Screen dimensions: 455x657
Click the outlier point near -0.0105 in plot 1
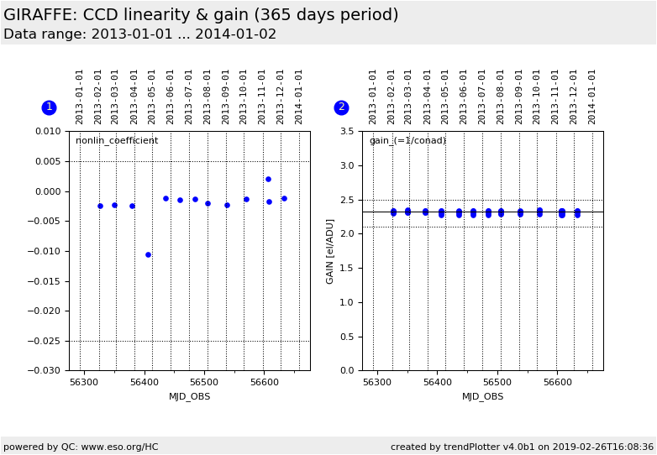[x=148, y=254]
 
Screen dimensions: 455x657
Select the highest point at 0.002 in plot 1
[x=268, y=179]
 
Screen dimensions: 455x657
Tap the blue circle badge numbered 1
[x=49, y=107]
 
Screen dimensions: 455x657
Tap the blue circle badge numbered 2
[x=341, y=107]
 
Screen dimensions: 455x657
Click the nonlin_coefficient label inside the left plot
[x=117, y=141]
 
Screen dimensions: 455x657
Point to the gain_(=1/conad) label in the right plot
[x=407, y=141]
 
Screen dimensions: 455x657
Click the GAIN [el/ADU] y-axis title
[x=330, y=251]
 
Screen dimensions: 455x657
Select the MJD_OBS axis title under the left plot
[x=190, y=396]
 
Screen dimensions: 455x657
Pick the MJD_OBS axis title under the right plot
[x=483, y=396]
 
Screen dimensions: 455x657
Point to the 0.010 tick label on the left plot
[x=47, y=132]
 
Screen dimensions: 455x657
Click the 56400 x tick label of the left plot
[x=145, y=382]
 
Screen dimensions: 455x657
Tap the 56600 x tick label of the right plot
[x=558, y=382]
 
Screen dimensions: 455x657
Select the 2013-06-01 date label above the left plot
[x=171, y=97]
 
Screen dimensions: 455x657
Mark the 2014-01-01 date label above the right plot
[x=592, y=97]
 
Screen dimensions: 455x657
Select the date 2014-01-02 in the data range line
[x=237, y=34]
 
